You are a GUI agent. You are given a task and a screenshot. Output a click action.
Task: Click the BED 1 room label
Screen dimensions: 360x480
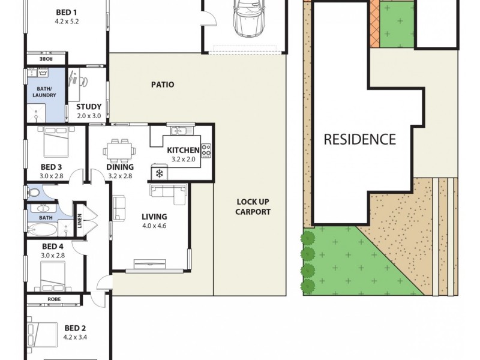pos(66,12)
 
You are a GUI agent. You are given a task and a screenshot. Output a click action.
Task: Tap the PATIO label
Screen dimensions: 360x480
pos(163,85)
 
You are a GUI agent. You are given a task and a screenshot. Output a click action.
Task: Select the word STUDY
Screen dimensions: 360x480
pos(89,107)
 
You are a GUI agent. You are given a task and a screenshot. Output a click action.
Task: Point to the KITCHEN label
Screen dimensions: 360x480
pos(183,150)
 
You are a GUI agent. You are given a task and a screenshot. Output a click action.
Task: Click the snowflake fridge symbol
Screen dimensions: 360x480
pos(159,173)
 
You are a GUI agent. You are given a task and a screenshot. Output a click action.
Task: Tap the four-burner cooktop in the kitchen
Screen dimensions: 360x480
pos(206,151)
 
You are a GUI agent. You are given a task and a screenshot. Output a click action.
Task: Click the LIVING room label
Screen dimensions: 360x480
pos(154,217)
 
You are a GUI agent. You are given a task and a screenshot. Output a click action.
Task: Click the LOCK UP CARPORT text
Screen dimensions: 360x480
pos(253,207)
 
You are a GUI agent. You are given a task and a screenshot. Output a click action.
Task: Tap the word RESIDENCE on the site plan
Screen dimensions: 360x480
pos(360,140)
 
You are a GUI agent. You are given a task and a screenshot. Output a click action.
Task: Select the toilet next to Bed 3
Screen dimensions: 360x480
pos(35,193)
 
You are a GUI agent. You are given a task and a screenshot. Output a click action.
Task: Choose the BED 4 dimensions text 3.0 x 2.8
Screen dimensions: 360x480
pos(53,256)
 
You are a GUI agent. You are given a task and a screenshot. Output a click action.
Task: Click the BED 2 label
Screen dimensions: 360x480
pos(75,328)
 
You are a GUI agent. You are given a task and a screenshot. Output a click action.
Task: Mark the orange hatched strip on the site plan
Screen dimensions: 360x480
pos(375,24)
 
